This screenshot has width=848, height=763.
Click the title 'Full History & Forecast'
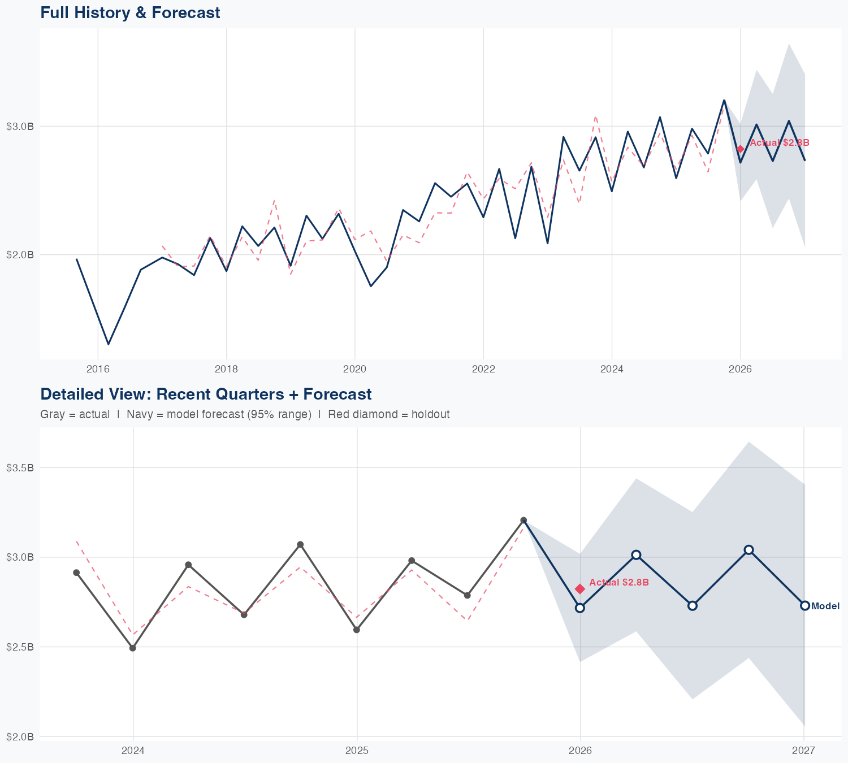click(130, 12)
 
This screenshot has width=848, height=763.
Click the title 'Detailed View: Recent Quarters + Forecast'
click(206, 394)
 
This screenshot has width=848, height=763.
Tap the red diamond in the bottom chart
click(579, 589)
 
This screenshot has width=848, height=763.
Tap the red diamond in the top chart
click(740, 149)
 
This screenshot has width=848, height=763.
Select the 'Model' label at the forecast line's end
click(825, 606)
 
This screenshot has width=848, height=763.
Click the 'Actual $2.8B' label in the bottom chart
click(619, 582)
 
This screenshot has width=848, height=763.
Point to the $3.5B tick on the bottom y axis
click(20, 467)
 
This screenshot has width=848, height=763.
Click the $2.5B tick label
click(20, 647)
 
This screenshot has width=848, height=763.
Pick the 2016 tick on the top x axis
click(98, 369)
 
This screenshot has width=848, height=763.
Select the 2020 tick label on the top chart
click(355, 369)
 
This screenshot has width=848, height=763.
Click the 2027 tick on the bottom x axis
click(803, 751)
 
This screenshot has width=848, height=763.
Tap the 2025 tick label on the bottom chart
click(357, 751)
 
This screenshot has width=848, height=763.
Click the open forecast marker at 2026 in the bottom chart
click(579, 608)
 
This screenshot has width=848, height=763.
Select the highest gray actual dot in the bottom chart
click(523, 520)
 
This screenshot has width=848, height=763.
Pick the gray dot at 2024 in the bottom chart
click(133, 648)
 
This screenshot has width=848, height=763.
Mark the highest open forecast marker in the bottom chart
click(749, 550)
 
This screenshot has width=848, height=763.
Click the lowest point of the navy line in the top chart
click(109, 344)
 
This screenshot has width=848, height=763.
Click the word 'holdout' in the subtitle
click(430, 414)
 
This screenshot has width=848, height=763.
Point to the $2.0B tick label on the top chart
click(20, 255)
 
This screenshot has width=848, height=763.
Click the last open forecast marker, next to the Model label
click(804, 605)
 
